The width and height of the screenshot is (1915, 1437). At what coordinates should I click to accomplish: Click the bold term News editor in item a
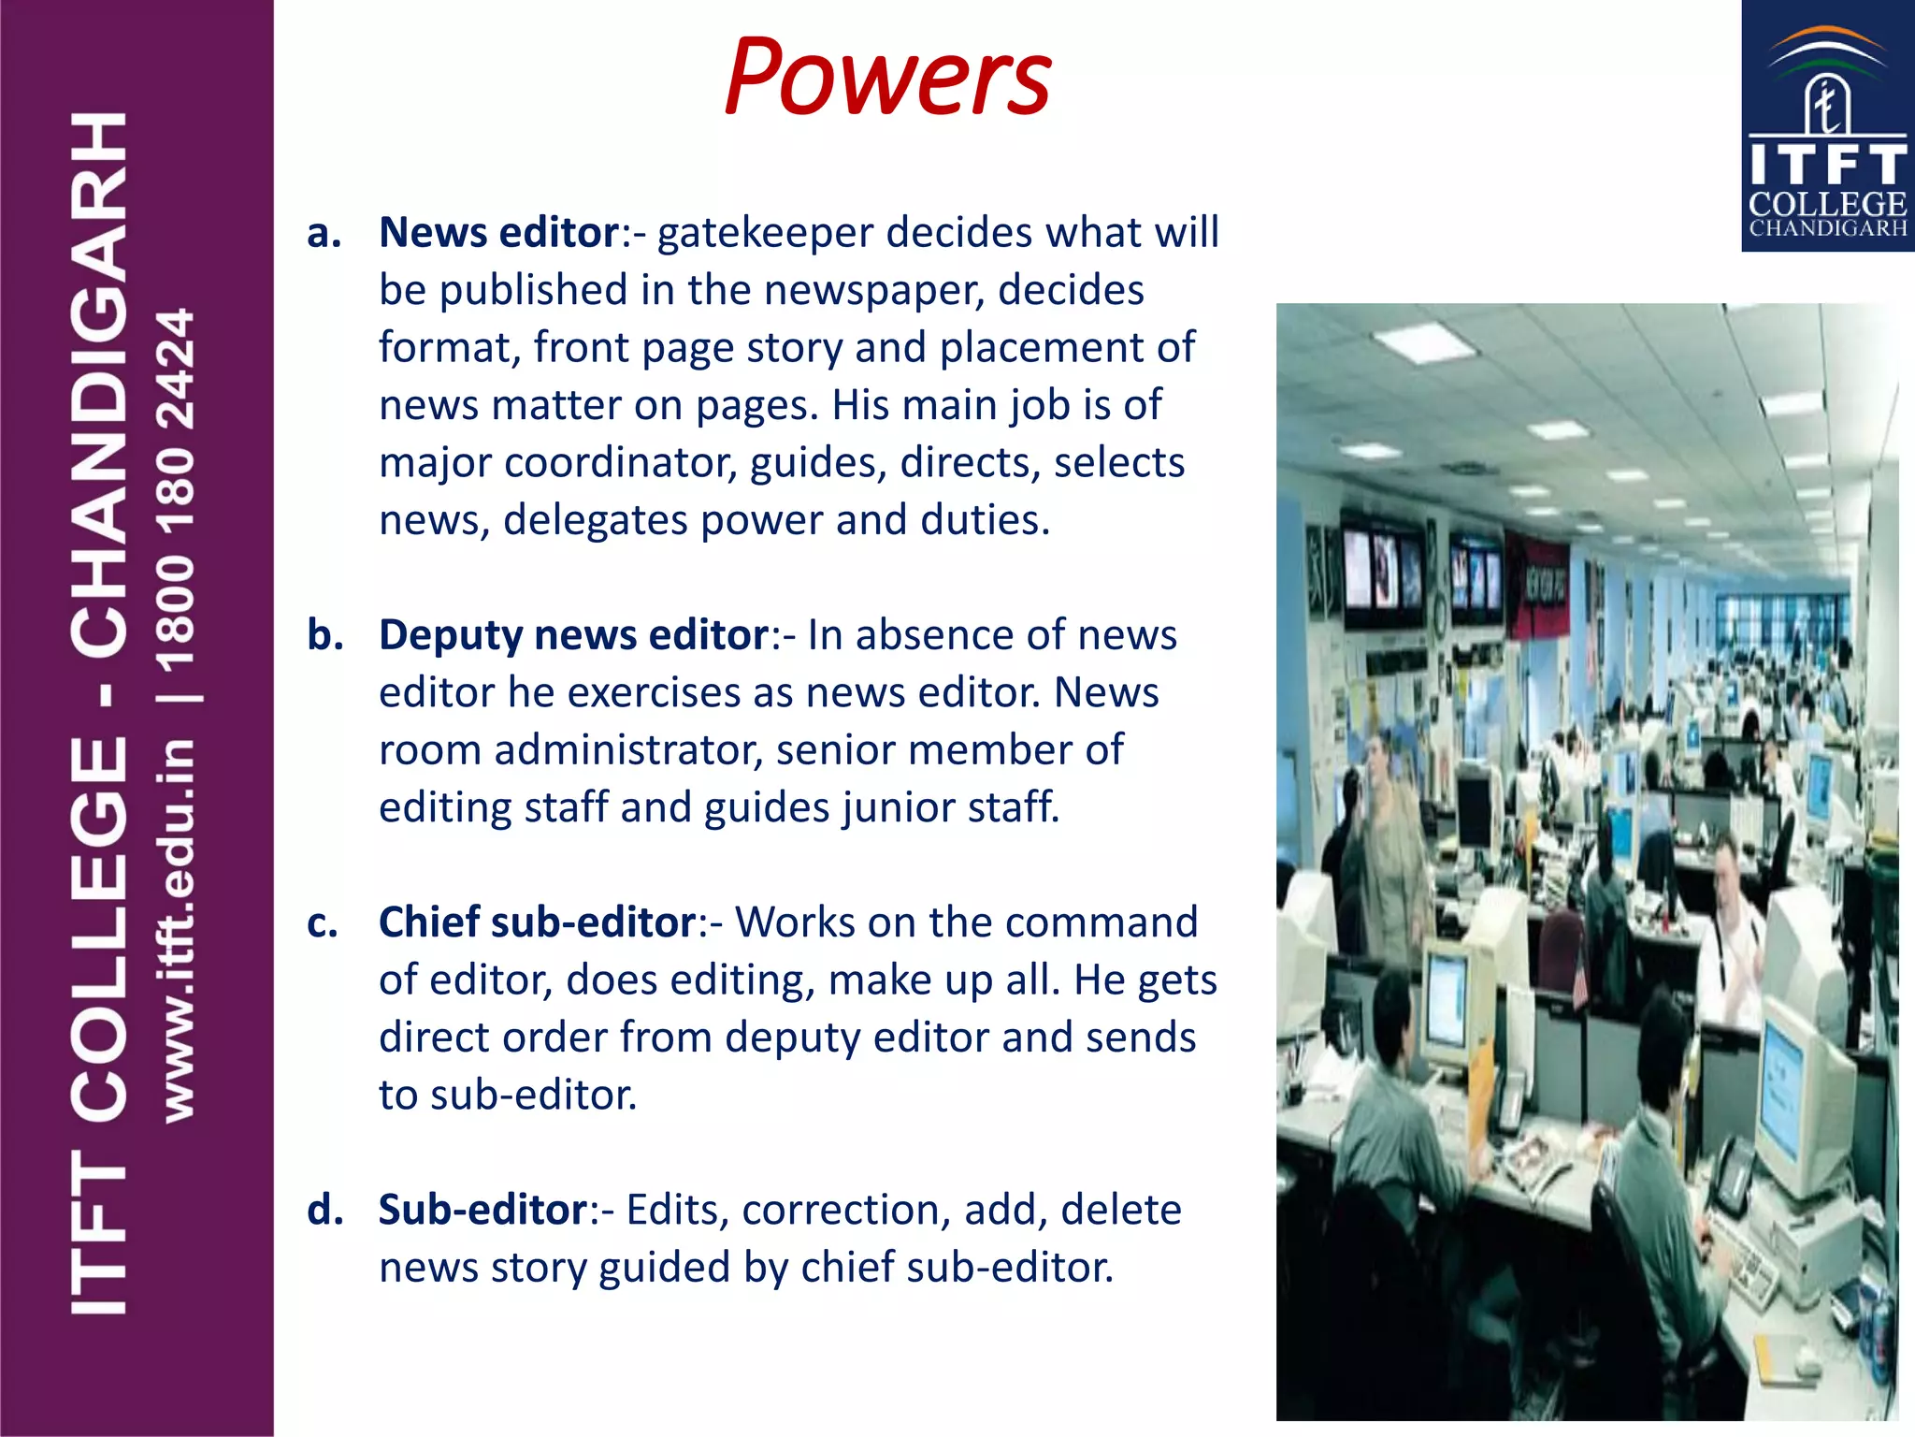pyautogui.click(x=498, y=232)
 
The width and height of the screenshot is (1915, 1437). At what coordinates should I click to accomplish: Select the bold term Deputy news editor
pyautogui.click(x=573, y=635)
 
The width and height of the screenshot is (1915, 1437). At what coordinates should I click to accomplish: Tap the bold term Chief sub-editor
pyautogui.click(x=537, y=922)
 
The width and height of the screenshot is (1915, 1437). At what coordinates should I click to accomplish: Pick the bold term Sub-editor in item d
pyautogui.click(x=482, y=1210)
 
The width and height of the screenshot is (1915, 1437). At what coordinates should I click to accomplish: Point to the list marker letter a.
pyautogui.click(x=324, y=234)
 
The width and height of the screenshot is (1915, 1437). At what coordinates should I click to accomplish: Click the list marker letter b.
pyautogui.click(x=324, y=635)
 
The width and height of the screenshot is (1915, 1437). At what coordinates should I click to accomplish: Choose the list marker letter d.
pyautogui.click(x=324, y=1210)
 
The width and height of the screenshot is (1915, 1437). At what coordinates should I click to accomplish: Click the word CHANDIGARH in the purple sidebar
pyautogui.click(x=99, y=384)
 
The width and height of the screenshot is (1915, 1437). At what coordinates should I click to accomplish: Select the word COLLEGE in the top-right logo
pyautogui.click(x=1827, y=204)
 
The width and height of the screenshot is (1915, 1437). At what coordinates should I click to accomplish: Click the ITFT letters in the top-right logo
pyautogui.click(x=1827, y=165)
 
